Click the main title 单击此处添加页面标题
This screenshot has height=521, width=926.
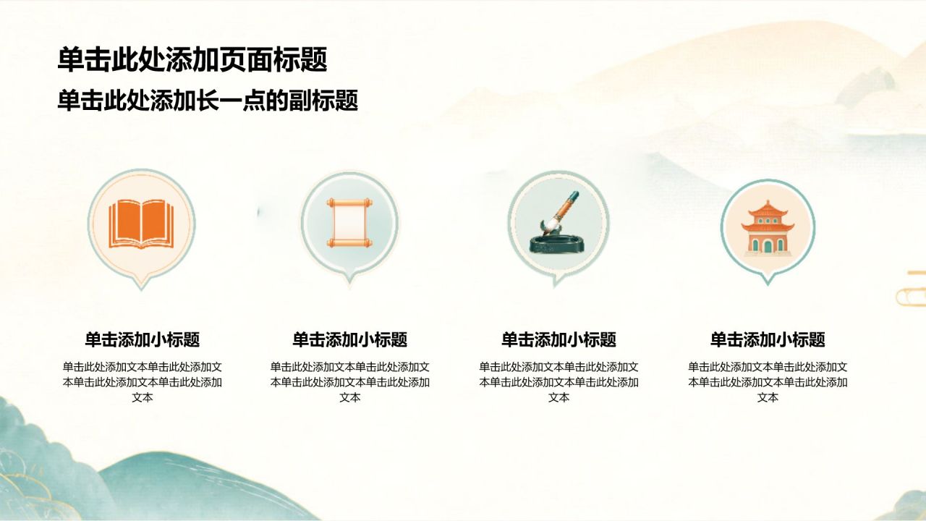tap(192, 59)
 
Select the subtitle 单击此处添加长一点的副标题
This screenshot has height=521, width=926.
tap(208, 101)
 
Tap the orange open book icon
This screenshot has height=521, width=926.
tap(141, 224)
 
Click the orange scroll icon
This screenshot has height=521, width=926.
tap(349, 223)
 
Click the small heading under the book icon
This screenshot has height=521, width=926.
tap(143, 339)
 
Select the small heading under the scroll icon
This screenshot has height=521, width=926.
tap(349, 339)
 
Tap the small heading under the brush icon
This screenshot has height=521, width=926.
tap(559, 339)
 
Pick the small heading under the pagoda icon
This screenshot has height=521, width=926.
tap(768, 339)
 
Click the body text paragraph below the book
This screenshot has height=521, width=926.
tap(143, 382)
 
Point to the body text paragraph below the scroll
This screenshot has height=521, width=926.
tap(349, 382)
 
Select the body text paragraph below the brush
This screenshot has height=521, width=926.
tap(559, 382)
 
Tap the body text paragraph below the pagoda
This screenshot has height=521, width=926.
tap(768, 382)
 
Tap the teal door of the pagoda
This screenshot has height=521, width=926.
tap(768, 247)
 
